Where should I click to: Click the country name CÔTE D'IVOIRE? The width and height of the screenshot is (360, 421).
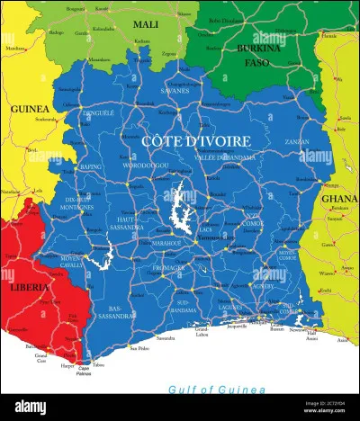click(195, 141)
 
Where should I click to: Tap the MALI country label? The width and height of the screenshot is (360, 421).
click(145, 24)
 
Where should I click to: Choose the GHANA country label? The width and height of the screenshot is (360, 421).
click(338, 199)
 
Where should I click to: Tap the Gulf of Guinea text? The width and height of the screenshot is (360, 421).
click(217, 389)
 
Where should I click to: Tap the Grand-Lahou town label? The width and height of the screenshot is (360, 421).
click(205, 333)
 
